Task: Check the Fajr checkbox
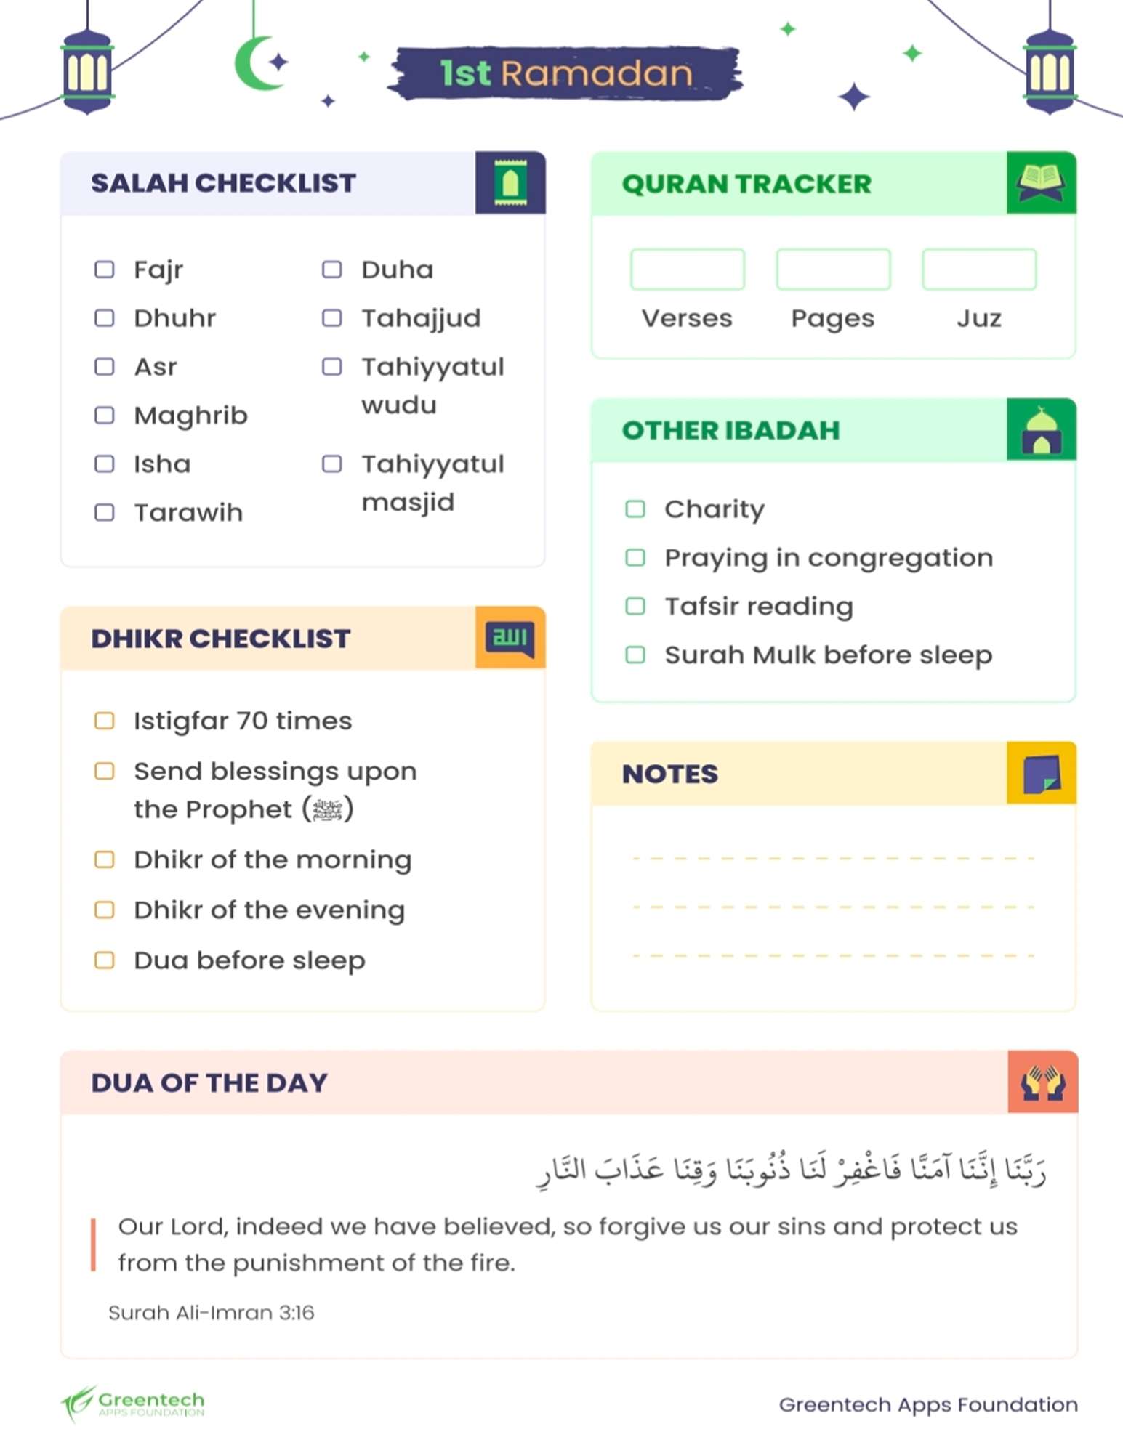[x=105, y=270]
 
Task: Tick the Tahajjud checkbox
[x=332, y=318]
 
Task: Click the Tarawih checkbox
[x=105, y=513]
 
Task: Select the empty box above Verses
[x=687, y=270]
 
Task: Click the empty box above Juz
[x=978, y=270]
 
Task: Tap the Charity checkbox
[x=635, y=509]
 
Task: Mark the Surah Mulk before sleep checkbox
[x=635, y=655]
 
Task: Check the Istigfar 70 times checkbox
[x=105, y=721]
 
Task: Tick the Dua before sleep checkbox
[x=105, y=960]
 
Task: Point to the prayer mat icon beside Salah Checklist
[x=510, y=183]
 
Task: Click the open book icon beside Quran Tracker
[x=1041, y=183]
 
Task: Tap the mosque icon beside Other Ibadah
[x=1041, y=430]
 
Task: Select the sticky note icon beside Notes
[x=1041, y=774]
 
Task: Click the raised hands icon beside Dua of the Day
[x=1042, y=1082]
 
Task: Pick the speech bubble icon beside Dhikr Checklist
[x=510, y=638]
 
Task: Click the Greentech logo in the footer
[x=133, y=1404]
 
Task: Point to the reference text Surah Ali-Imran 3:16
[x=211, y=1313]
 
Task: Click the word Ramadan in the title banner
[x=596, y=74]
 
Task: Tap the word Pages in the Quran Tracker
[x=832, y=318]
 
